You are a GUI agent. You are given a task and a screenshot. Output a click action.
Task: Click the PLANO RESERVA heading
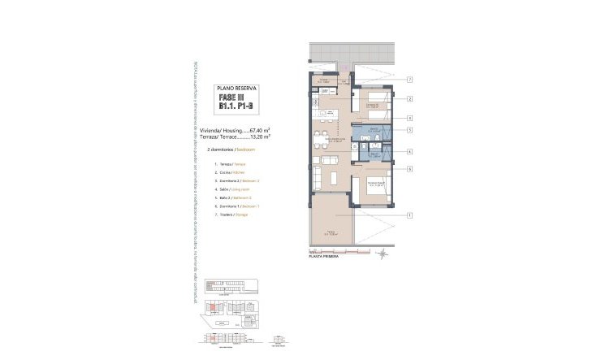236,88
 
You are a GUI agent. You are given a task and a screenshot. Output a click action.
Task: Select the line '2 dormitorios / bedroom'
232,150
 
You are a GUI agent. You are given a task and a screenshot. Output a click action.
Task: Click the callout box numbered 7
410,80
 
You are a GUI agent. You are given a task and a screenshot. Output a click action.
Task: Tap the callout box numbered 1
410,215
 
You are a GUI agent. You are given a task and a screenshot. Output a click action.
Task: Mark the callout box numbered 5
410,130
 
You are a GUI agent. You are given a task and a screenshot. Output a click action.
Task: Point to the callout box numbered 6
410,168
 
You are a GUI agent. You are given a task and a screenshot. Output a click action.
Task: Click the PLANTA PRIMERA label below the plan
324,255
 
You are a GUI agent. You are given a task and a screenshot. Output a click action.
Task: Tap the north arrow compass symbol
383,254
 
